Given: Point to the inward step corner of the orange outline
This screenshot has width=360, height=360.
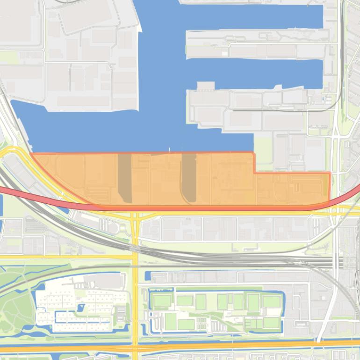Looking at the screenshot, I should point(254,173).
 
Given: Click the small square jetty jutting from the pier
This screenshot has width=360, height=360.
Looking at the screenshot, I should point(205,86).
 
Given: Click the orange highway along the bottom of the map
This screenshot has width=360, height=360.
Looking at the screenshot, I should point(187,346).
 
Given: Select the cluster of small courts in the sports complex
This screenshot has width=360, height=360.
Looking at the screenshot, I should point(202,322).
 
